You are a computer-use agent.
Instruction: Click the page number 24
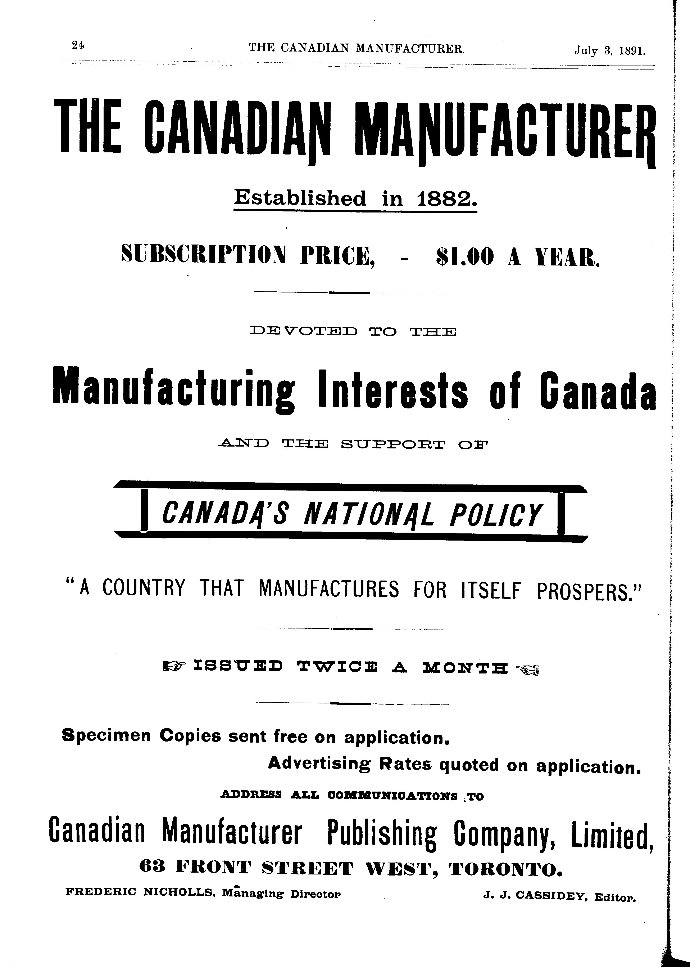78,45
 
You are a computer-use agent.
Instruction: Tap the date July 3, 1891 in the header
610,51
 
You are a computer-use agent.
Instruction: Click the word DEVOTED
304,331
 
